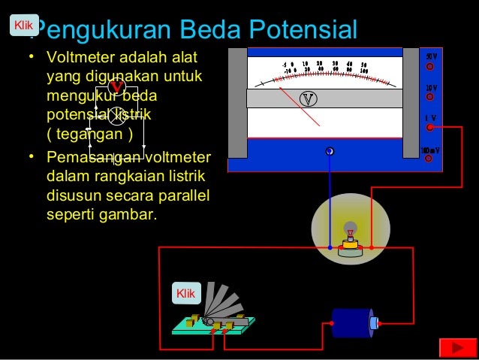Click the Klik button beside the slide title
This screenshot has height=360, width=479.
(x=23, y=25)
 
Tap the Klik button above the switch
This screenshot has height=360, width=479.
(x=185, y=293)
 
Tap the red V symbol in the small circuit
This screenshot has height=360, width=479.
(x=116, y=87)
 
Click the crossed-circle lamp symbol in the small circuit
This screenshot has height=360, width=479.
(x=116, y=116)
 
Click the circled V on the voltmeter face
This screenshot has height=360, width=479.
(x=308, y=98)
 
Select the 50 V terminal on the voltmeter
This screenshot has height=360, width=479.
(x=430, y=66)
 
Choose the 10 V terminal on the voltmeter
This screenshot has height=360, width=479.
(x=430, y=97)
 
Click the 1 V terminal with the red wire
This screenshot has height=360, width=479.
(x=430, y=128)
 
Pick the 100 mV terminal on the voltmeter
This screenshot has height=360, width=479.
(x=430, y=158)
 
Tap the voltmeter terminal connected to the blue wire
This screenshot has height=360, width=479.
(x=329, y=151)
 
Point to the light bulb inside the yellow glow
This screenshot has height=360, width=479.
(x=349, y=230)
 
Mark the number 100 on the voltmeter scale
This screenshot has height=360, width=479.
(x=363, y=71)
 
